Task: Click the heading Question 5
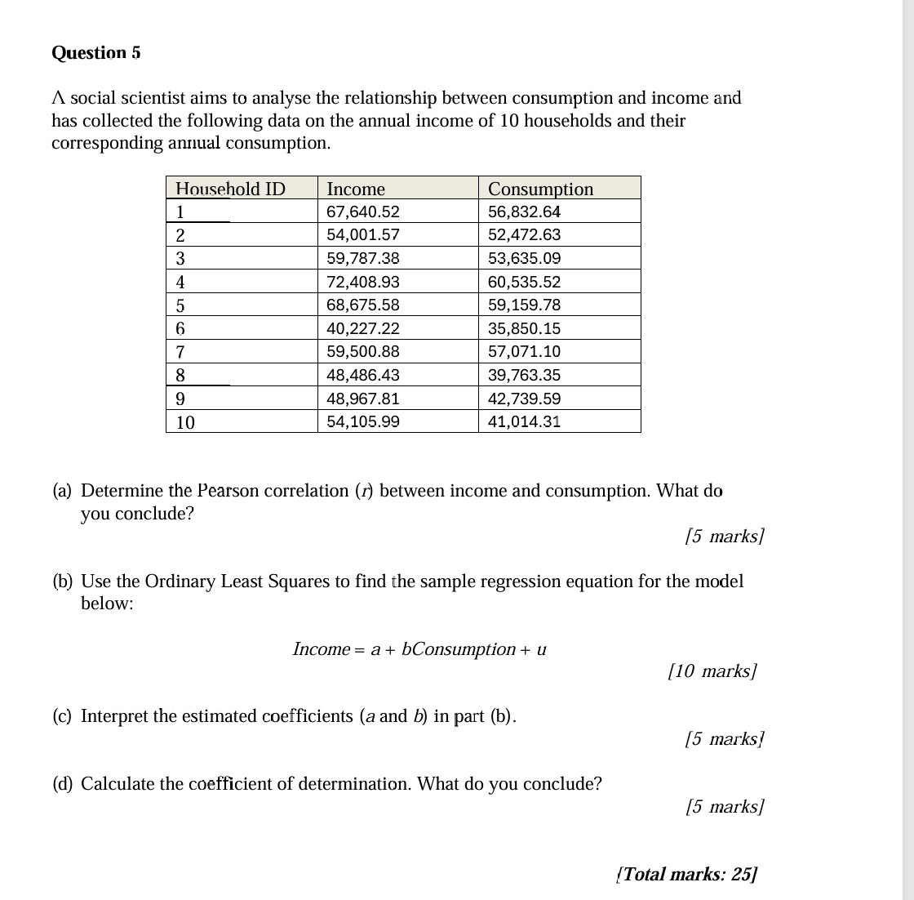point(96,53)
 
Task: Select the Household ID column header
point(231,189)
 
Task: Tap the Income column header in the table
point(356,189)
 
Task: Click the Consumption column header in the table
point(540,189)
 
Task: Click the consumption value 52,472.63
point(524,235)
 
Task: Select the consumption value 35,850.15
point(524,329)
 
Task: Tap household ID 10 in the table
point(186,423)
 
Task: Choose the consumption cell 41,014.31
point(524,422)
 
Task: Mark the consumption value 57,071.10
point(524,352)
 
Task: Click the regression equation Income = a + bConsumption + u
point(419,649)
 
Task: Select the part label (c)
point(62,716)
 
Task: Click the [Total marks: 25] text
point(687,874)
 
